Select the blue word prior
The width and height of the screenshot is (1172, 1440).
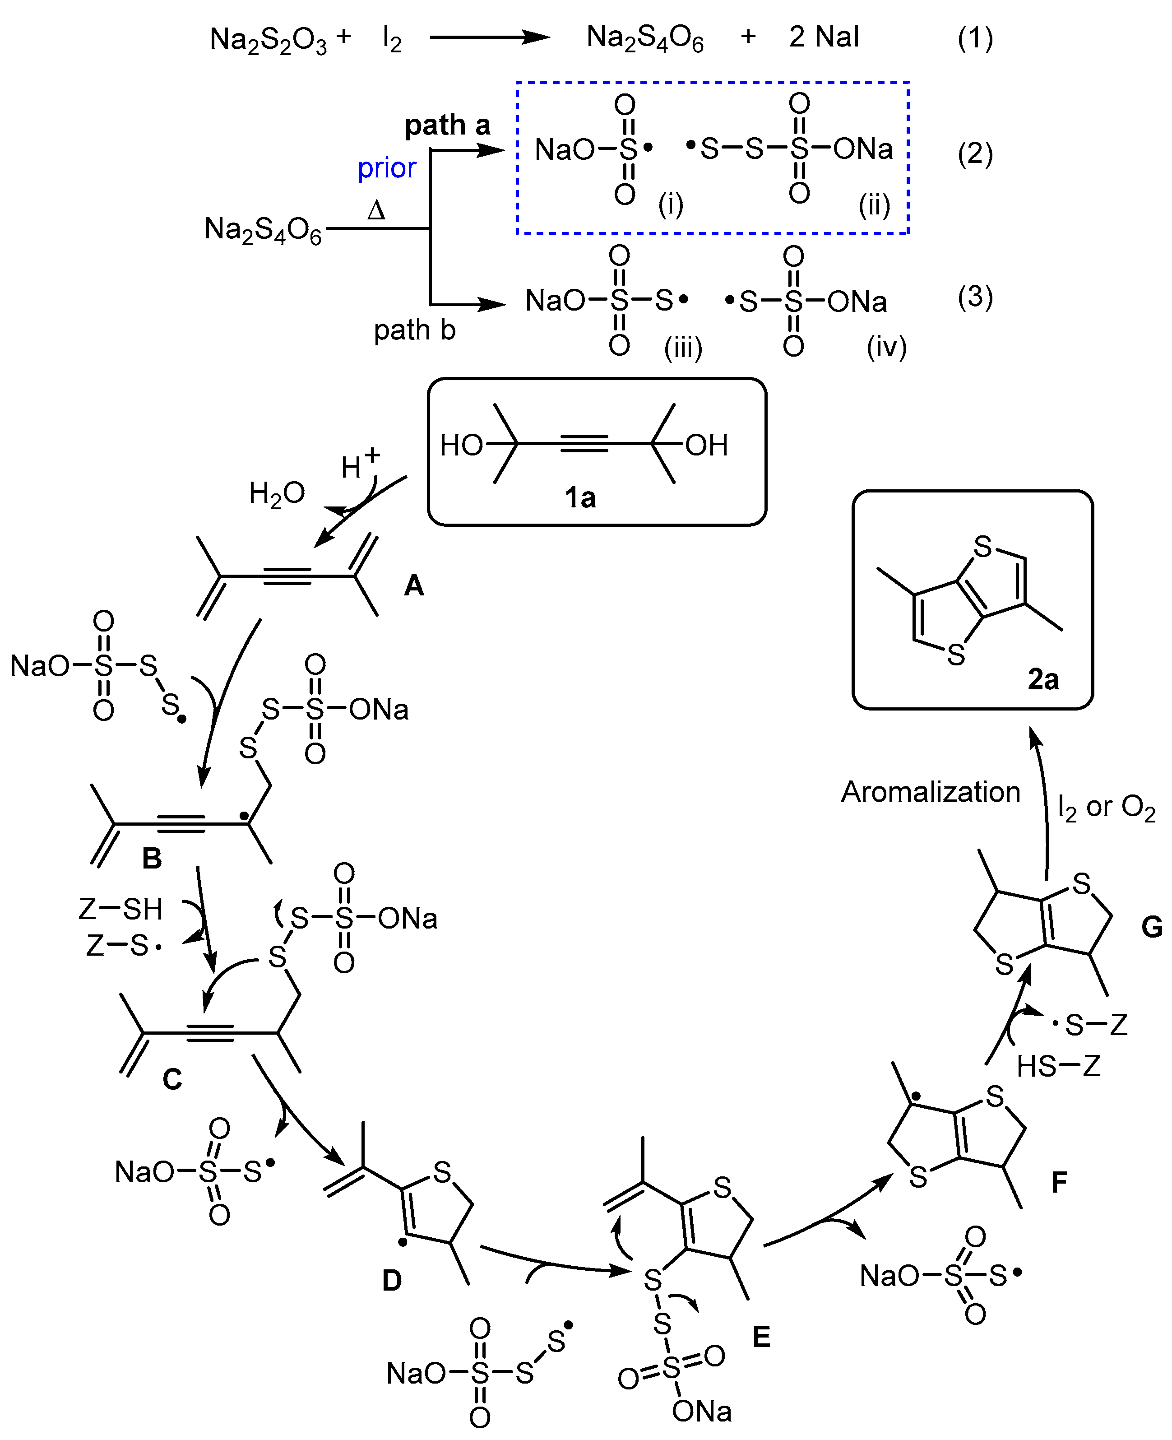(386, 168)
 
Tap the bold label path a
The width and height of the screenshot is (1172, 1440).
(447, 125)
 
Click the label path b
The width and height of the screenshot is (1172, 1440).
(415, 330)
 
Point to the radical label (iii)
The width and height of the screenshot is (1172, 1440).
(683, 348)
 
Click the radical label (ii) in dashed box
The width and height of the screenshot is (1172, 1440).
(874, 204)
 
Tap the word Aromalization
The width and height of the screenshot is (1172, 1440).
(930, 792)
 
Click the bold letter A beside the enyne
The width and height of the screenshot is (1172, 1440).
(414, 585)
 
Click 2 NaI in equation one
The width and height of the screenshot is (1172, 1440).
(824, 37)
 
